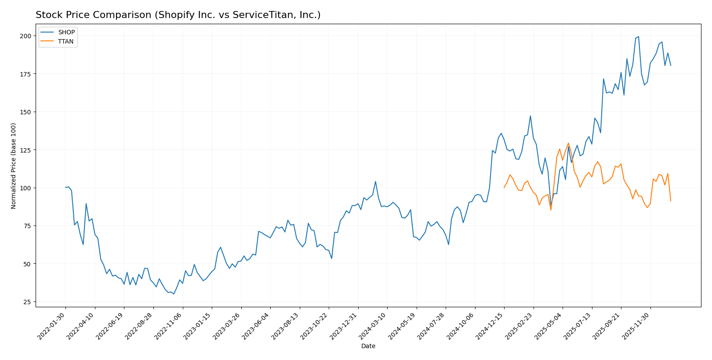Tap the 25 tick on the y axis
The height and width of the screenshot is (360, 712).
pos(28,302)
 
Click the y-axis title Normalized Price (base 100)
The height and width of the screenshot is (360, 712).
pos(14,166)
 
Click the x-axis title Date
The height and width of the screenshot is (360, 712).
pos(368,346)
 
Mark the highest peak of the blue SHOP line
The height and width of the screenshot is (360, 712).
pos(639,36)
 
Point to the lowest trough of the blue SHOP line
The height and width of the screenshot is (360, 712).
pos(174,294)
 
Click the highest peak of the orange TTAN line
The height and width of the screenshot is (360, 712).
pos(568,143)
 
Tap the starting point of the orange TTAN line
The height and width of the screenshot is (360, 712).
pos(504,188)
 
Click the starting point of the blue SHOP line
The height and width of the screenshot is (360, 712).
pos(65,188)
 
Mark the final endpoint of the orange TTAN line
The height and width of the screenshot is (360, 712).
pos(671,201)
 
